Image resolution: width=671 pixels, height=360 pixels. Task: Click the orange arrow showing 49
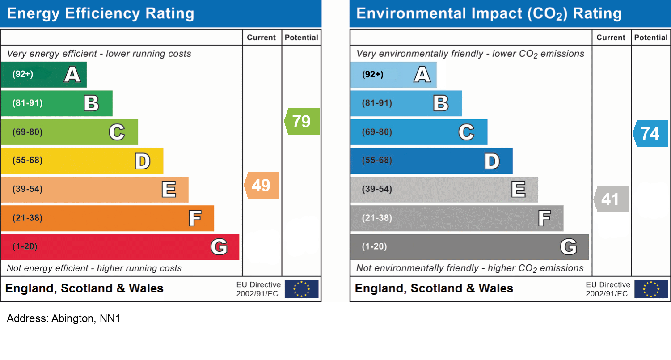[x=262, y=185]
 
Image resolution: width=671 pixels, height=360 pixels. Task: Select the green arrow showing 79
[x=302, y=121]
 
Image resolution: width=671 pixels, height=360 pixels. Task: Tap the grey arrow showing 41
[x=612, y=199]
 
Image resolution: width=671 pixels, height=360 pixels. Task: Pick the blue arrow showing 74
[x=651, y=133]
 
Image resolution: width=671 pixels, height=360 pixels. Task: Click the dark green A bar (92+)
[x=43, y=74]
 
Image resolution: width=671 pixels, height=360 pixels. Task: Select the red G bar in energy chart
[x=119, y=247]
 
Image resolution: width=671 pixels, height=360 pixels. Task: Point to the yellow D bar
[x=82, y=161]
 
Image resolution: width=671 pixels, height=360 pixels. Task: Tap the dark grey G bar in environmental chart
[x=469, y=247]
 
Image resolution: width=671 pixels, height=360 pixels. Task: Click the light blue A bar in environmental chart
[x=393, y=74]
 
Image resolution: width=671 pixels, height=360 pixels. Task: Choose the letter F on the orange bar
[x=194, y=219]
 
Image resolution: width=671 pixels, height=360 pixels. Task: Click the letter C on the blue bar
[x=466, y=132]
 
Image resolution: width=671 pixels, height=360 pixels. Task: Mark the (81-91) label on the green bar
[x=28, y=103]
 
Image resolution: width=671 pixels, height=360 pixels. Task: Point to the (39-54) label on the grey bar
[x=377, y=189]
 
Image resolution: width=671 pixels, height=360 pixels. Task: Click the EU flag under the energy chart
[x=302, y=289]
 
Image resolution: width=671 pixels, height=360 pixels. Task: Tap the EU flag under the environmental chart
[x=651, y=289]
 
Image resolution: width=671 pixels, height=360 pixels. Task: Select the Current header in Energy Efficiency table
[x=262, y=38]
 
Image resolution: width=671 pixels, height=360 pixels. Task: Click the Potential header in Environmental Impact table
[x=651, y=38]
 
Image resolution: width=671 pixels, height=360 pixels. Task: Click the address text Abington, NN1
[x=63, y=319]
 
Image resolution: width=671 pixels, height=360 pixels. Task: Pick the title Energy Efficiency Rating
[x=101, y=13]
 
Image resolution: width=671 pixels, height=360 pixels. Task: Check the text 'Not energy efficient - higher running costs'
[x=94, y=268]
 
